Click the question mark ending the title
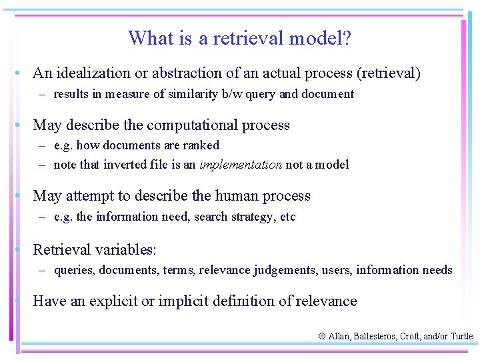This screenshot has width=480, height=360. click(x=347, y=38)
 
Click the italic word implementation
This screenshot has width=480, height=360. click(x=241, y=165)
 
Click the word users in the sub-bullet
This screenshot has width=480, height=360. click(x=337, y=270)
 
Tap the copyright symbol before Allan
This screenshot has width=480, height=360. click(x=322, y=337)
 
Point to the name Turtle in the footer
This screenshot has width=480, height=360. click(x=461, y=337)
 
